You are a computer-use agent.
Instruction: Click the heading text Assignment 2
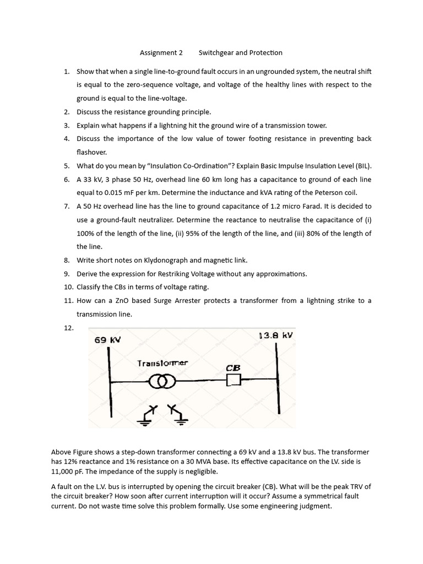pyautogui.click(x=161, y=53)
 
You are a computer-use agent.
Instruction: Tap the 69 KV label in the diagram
pyautogui.click(x=107, y=340)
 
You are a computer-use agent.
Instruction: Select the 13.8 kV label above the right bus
pyautogui.click(x=275, y=335)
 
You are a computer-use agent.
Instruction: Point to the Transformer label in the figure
pyautogui.click(x=162, y=364)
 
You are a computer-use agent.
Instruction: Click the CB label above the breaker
pyautogui.click(x=233, y=367)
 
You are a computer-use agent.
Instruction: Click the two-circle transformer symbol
pyautogui.click(x=162, y=381)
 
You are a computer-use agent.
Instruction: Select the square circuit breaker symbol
pyautogui.click(x=234, y=380)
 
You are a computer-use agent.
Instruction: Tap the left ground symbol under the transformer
pyautogui.click(x=147, y=417)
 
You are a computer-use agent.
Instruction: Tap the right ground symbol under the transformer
pyautogui.click(x=178, y=417)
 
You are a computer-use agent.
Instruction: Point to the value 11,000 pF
pyautogui.click(x=69, y=471)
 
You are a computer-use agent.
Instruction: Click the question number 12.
pyautogui.click(x=68, y=327)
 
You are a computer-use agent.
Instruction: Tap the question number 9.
pyautogui.click(x=67, y=274)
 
